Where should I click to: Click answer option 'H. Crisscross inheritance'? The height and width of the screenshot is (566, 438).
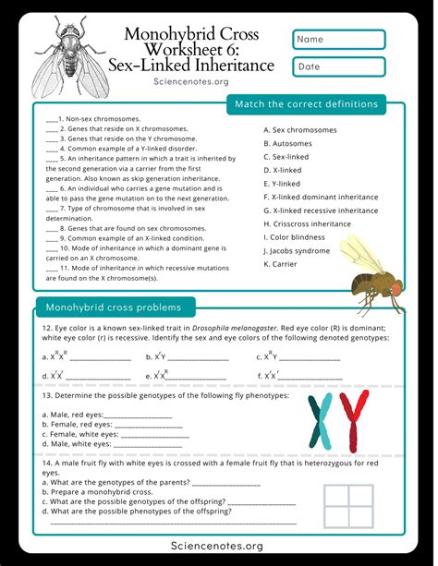(307, 223)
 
